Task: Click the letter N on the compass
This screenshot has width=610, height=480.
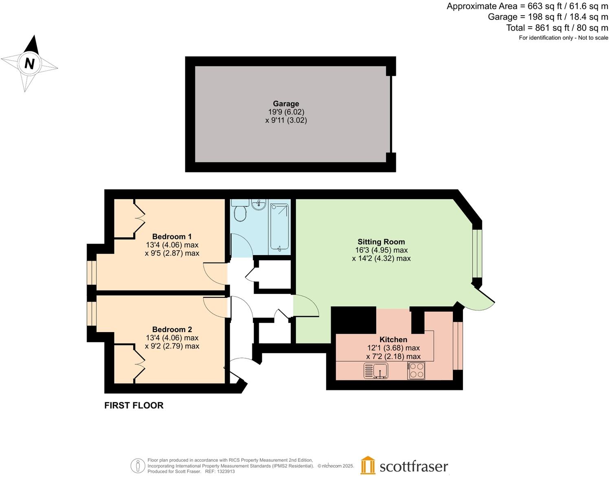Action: [29, 64]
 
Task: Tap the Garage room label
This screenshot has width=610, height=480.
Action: [286, 103]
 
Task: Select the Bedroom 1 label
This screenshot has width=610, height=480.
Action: [172, 236]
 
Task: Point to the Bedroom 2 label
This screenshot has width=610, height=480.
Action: [172, 329]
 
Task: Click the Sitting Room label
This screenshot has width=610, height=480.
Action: [381, 242]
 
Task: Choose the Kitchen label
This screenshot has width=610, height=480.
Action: [393, 339]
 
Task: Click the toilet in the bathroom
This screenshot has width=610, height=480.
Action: [240, 212]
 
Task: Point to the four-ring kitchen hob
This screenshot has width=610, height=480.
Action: [416, 371]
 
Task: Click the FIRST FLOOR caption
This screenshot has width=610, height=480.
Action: [134, 405]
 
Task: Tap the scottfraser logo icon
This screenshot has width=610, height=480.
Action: [368, 465]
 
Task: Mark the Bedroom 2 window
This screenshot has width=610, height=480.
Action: [92, 313]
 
